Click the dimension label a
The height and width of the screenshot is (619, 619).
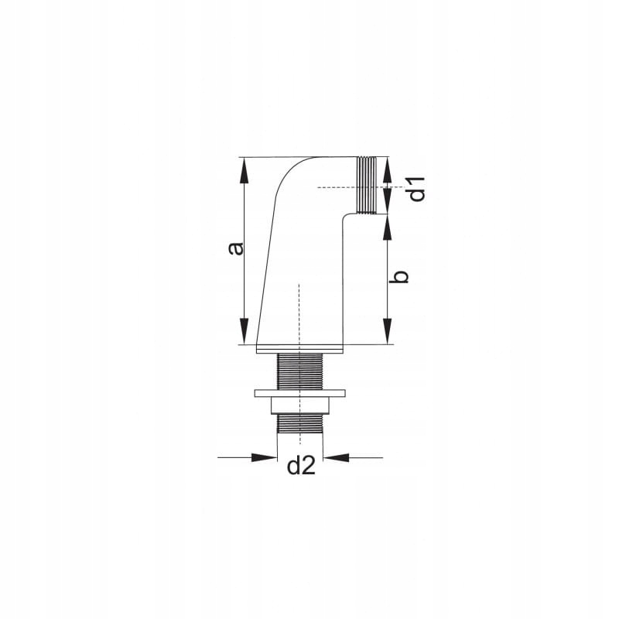coord(237,248)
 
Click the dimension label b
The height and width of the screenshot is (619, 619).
coord(398,277)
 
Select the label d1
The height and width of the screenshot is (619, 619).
coord(416,189)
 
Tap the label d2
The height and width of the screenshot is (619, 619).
coord(301,466)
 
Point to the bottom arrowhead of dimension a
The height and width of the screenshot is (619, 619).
coord(245,331)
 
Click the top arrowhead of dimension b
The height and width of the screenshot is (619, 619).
coord(388,227)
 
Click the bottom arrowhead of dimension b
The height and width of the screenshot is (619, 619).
coord(388,331)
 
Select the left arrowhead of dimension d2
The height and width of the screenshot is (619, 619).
coord(264,457)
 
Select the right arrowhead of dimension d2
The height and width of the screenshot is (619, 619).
coord(336,457)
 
